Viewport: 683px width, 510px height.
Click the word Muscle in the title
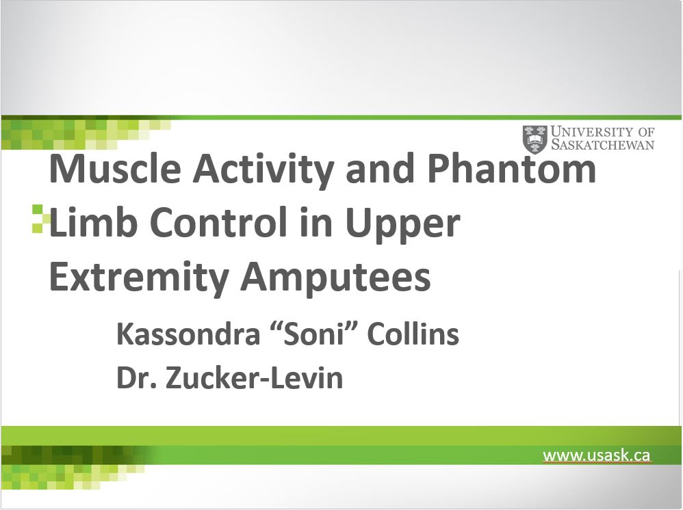(115, 168)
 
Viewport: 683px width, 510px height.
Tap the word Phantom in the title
(511, 168)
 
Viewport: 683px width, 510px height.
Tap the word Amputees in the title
(335, 278)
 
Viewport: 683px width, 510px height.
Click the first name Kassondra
(188, 334)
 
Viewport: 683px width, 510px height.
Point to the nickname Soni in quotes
(313, 334)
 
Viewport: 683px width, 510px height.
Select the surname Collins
(413, 334)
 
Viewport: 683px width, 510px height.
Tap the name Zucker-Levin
(255, 377)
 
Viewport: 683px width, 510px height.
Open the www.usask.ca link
(596, 455)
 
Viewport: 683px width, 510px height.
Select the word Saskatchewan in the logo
(602, 144)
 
